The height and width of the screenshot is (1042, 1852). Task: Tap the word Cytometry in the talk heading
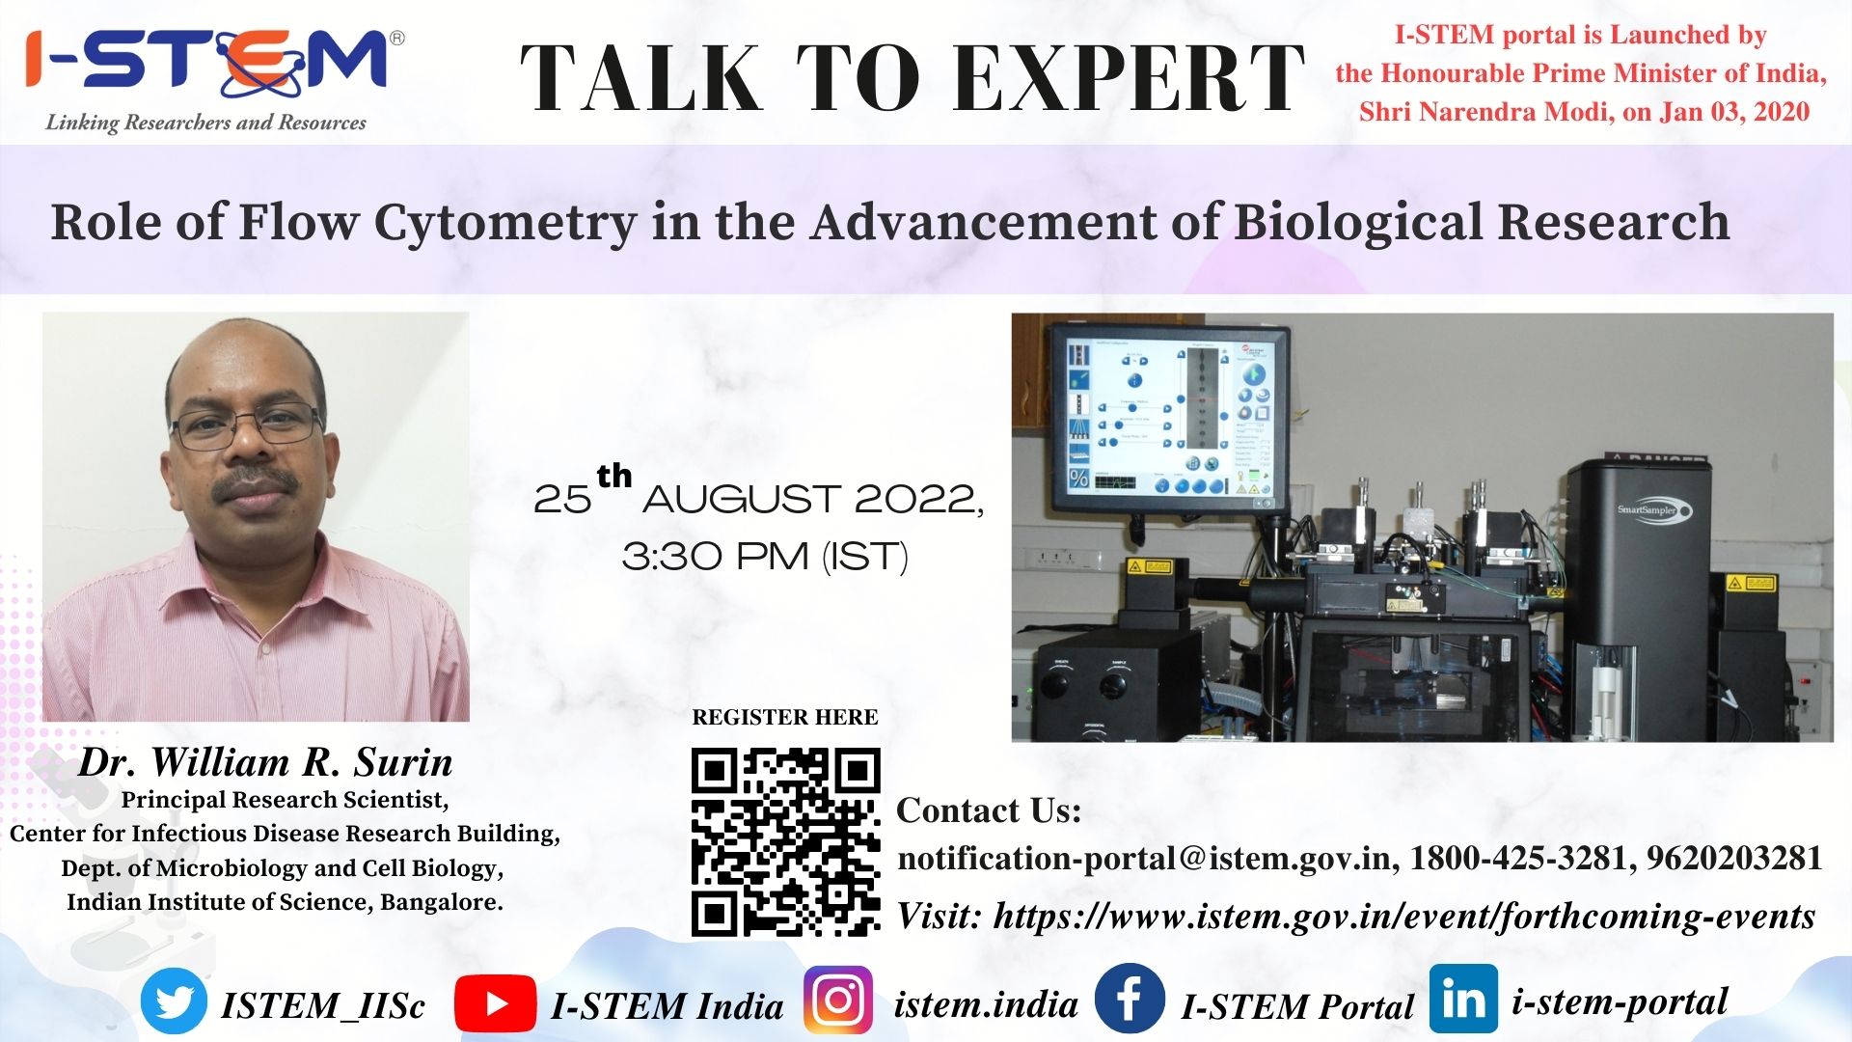coord(504,222)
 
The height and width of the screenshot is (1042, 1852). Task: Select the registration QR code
coord(785,841)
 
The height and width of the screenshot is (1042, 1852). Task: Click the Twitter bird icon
coord(174,1001)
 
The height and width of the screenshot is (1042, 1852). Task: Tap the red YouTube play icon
coord(495,1003)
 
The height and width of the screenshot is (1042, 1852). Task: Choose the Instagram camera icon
coord(838,1001)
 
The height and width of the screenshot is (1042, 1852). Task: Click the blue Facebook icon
coord(1130,998)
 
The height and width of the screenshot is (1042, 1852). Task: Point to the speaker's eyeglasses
coord(249,425)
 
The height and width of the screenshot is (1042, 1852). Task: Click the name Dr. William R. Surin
coord(265,762)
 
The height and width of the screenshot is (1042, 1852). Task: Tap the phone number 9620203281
coord(1734,858)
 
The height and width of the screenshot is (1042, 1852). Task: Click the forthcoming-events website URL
coord(1404,916)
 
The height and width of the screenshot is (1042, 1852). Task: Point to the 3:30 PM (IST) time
coord(765,557)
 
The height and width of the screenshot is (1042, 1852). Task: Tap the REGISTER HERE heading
coord(785,717)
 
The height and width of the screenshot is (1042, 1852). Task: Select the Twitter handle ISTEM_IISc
coord(323,1005)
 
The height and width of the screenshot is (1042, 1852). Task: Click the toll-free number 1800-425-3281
coord(1519,858)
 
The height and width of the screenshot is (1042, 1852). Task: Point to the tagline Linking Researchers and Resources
coord(206,123)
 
